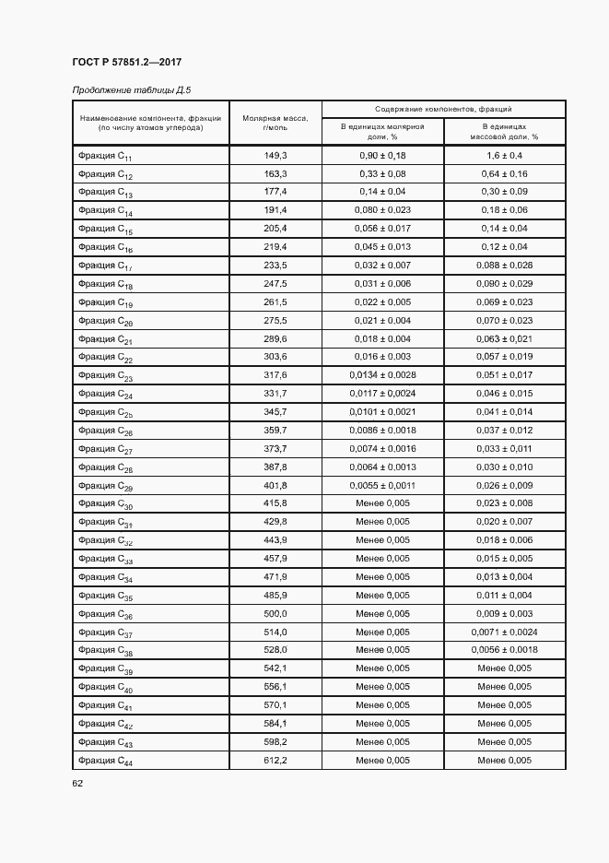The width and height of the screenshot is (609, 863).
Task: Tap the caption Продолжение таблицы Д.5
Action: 130,89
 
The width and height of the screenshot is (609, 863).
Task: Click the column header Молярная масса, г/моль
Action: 275,122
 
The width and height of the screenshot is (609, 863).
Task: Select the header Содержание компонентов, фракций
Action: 443,109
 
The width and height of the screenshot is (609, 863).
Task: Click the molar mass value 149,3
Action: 275,156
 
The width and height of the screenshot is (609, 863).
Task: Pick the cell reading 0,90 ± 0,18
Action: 382,156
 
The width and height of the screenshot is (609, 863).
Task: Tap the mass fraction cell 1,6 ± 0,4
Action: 505,156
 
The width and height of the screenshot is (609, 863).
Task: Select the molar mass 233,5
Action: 275,266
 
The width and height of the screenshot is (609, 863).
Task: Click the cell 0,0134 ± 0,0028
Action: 382,375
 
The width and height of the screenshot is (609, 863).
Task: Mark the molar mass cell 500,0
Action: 275,614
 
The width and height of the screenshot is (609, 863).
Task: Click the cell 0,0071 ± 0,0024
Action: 505,632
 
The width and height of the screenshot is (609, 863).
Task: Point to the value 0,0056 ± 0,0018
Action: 505,650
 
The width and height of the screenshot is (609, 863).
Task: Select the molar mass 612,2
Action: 275,760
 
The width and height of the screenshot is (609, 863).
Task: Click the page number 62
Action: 77,784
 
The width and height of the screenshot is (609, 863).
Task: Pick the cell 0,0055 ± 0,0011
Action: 382,485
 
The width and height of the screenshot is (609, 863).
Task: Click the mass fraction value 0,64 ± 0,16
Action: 505,174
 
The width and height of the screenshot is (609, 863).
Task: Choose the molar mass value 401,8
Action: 275,485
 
